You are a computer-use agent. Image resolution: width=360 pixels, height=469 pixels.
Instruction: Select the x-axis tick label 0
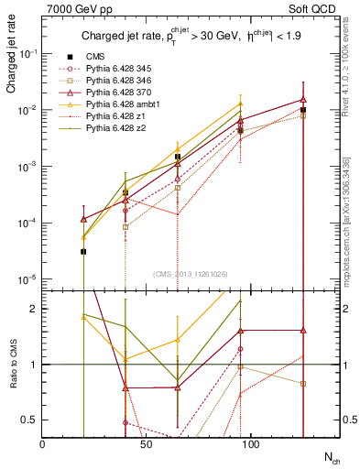tap(43, 442)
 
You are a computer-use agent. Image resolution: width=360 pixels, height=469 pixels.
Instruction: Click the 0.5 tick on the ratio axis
tap(30, 420)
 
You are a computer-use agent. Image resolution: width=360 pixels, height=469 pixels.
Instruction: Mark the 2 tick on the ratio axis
tap(34, 309)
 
